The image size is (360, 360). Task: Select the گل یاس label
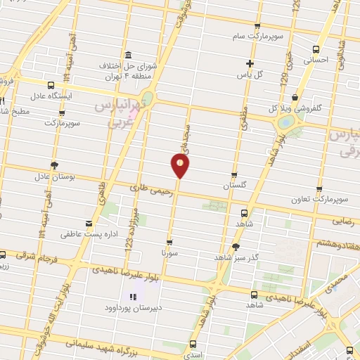tap(249, 74)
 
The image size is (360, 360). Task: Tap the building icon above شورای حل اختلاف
tap(127, 56)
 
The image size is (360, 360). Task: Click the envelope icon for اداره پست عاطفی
tap(89, 224)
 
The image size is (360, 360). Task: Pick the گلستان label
tap(236, 186)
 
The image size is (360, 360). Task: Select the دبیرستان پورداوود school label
tap(134, 308)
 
